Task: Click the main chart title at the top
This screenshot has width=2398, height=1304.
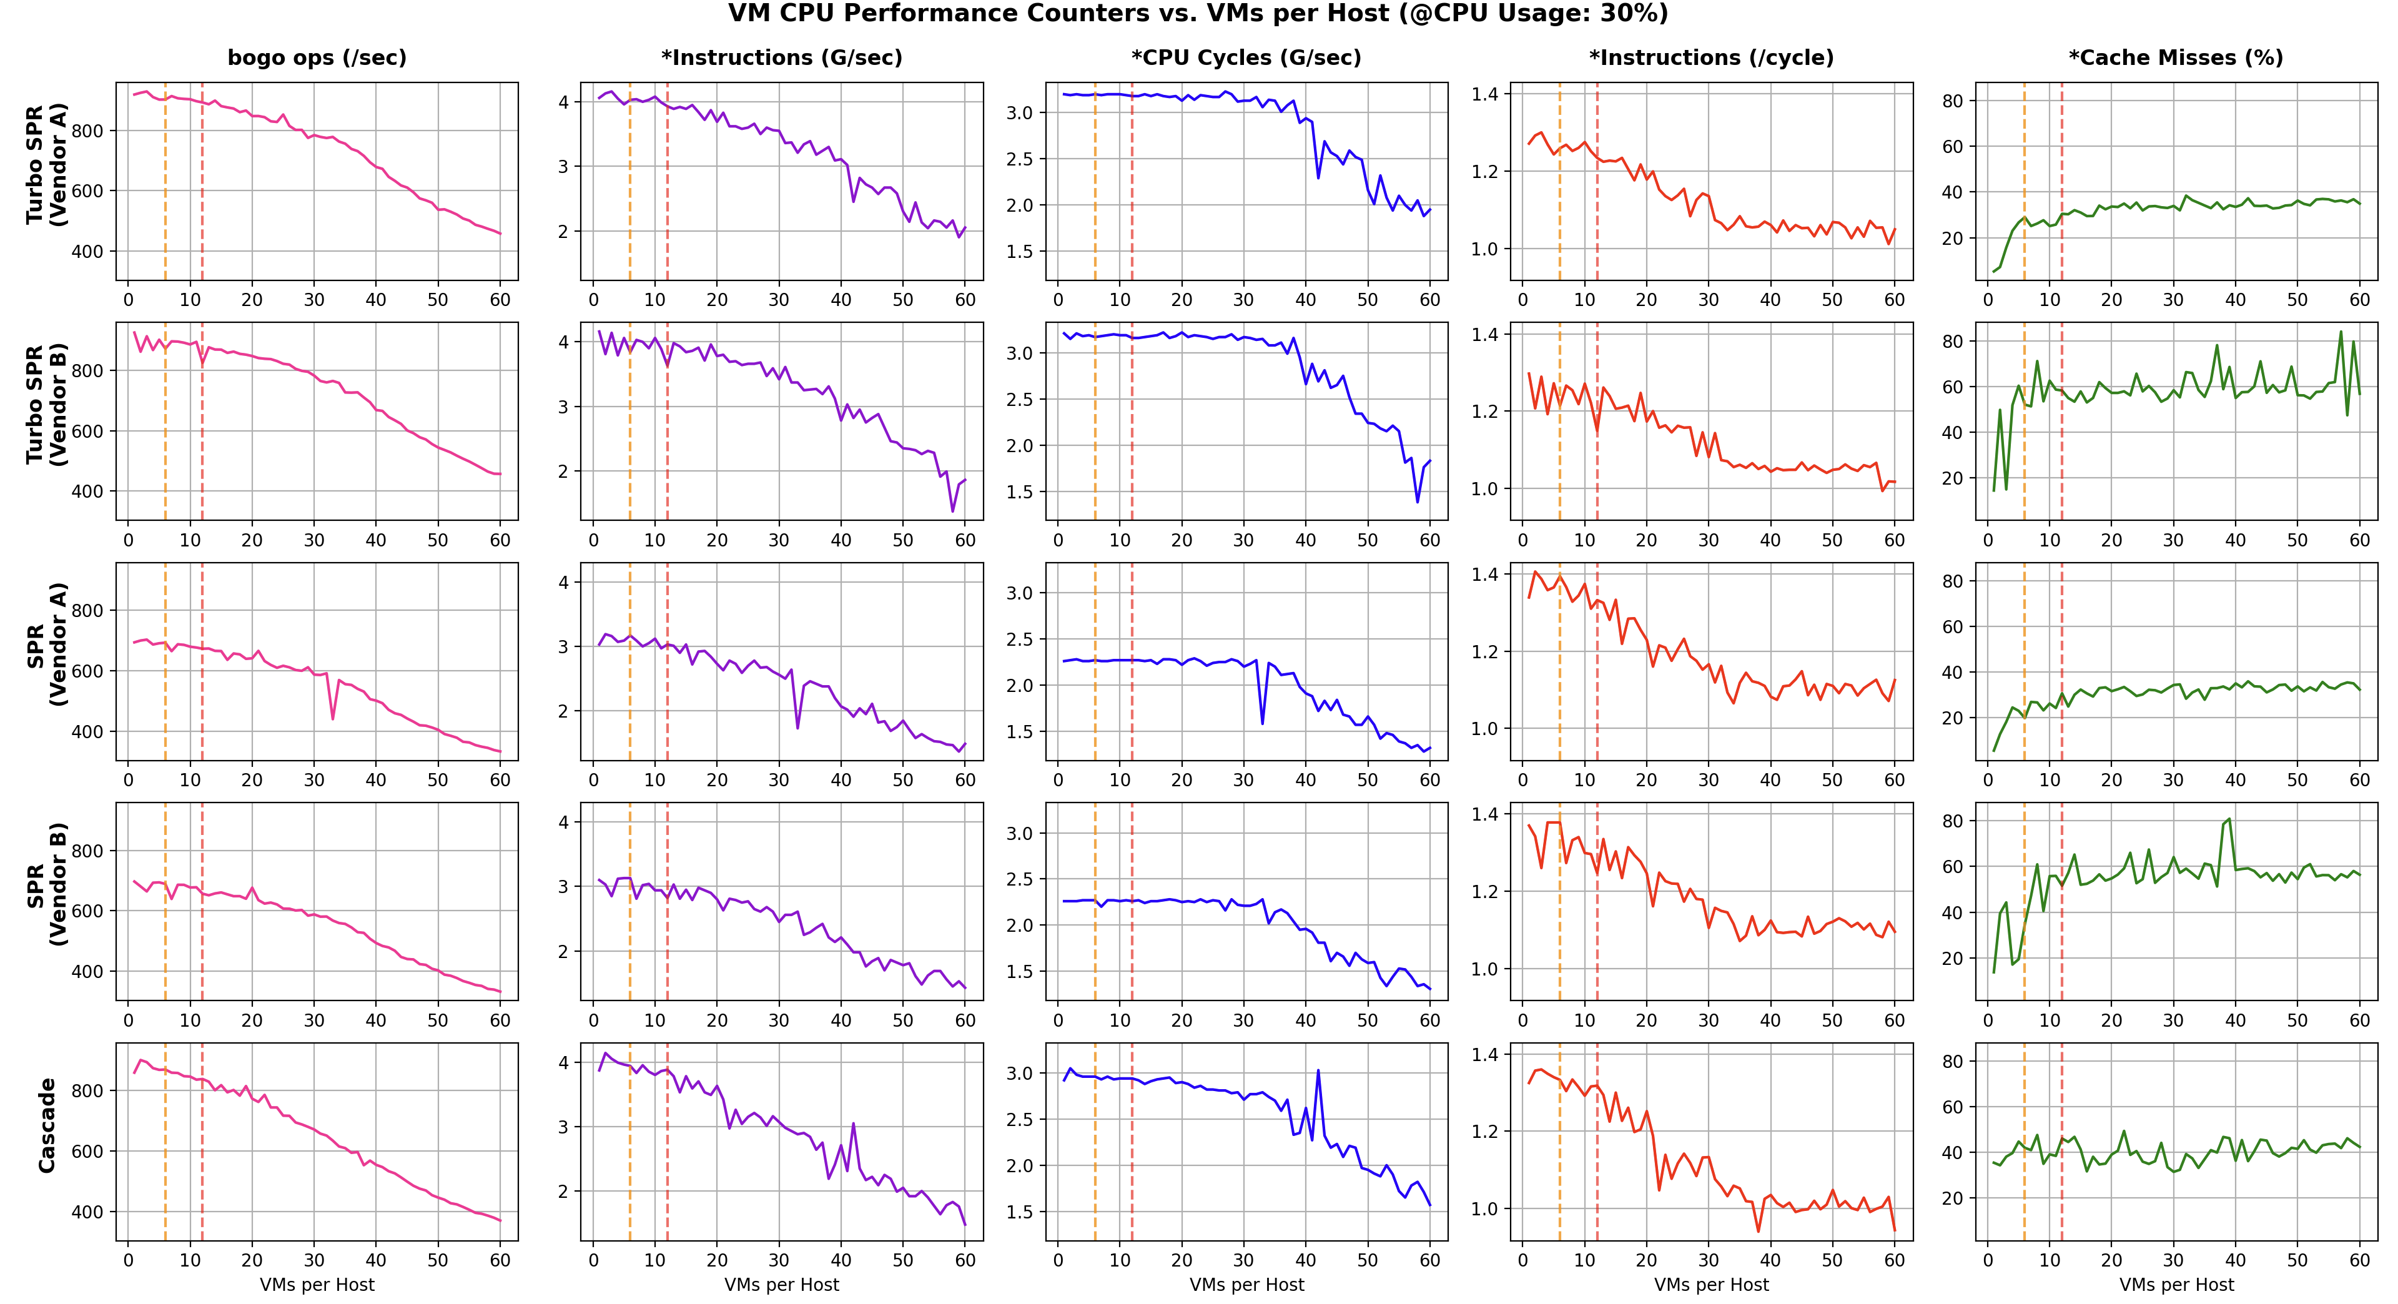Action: pos(1198,14)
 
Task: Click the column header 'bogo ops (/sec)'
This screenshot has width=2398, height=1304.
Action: pos(317,57)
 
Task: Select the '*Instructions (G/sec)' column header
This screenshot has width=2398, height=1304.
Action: pos(782,57)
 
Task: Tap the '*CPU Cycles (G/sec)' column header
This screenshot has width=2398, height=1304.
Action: pos(1246,57)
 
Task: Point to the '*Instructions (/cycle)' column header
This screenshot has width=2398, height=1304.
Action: pos(1711,57)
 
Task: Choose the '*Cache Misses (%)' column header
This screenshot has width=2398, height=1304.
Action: pos(2176,57)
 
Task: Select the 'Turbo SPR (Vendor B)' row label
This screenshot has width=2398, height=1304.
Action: pos(47,404)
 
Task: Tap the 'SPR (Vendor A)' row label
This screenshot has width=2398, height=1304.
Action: pos(47,644)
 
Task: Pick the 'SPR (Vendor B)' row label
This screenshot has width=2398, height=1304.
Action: pos(47,884)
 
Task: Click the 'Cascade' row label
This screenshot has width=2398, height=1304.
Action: pos(47,1124)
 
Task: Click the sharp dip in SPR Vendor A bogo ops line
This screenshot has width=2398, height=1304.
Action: pos(333,719)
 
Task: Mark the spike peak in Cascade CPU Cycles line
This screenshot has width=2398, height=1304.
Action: pos(1318,1070)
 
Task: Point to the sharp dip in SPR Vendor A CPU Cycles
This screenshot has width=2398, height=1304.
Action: pos(1262,723)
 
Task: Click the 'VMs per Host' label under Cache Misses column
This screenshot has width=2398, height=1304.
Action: pos(2176,1285)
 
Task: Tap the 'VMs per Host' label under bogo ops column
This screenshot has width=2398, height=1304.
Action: pos(317,1285)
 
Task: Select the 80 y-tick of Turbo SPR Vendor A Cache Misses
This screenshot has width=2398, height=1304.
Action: pos(1952,101)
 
